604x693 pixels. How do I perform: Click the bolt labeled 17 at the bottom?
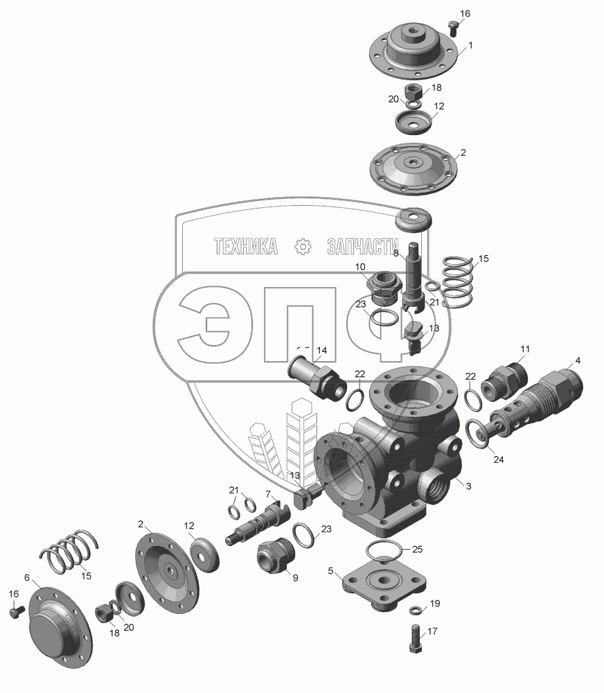point(414,638)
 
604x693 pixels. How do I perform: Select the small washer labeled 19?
point(416,610)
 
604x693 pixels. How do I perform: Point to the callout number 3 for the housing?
point(468,486)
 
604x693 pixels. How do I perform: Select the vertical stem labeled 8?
point(414,277)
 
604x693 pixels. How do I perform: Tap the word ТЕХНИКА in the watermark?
point(246,246)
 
